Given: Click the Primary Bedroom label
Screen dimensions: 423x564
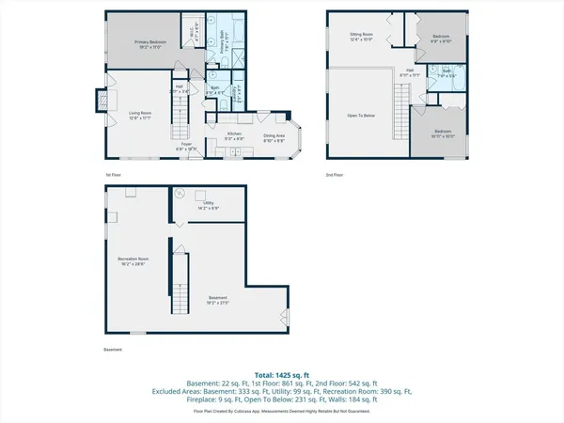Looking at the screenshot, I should [x=149, y=44].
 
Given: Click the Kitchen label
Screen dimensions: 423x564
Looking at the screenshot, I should [x=235, y=135].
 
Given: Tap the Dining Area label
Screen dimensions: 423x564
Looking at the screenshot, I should [x=274, y=138].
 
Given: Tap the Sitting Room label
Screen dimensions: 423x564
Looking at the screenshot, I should [x=362, y=37].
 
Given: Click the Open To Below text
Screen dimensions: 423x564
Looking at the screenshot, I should [x=362, y=116].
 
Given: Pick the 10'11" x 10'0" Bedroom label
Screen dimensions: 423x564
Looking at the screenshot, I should [x=442, y=133].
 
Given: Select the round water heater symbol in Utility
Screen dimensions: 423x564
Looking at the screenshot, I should [x=199, y=196].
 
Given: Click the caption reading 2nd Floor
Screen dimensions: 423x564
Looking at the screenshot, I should [x=336, y=175].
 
